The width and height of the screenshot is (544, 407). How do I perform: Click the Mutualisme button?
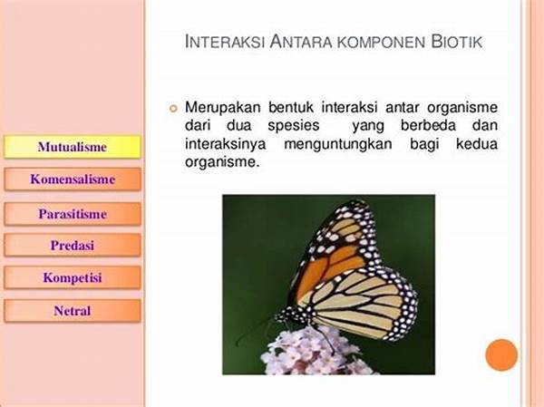(x=73, y=147)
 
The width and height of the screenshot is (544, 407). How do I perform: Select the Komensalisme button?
(x=73, y=179)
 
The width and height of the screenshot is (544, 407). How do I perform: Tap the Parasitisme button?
(x=73, y=214)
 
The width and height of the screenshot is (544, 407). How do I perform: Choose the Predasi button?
(x=73, y=246)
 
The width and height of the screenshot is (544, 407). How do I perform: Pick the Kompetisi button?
(x=73, y=277)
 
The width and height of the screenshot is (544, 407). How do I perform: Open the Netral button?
(x=73, y=311)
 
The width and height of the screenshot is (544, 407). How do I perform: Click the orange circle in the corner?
(x=501, y=355)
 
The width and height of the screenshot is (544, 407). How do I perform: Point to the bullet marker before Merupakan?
(x=173, y=109)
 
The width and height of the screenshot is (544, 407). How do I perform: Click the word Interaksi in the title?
(x=225, y=42)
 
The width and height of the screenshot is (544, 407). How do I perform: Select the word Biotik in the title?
(x=456, y=42)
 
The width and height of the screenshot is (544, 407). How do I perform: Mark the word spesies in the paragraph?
(x=294, y=126)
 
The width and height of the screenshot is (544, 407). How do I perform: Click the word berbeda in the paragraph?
(x=428, y=125)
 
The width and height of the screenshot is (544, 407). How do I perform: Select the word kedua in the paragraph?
(x=477, y=143)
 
